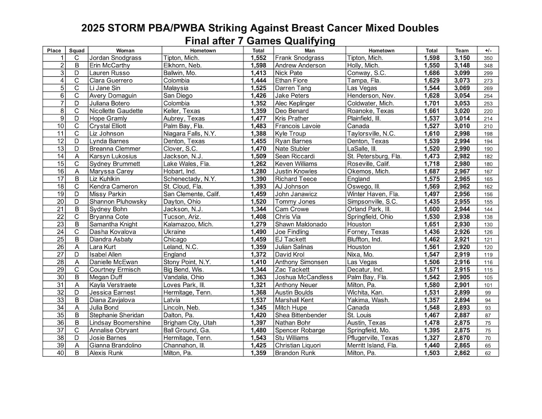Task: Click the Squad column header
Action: [77, 51]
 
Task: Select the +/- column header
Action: [488, 51]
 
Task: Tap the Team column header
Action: [462, 51]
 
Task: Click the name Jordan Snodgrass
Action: [115, 58]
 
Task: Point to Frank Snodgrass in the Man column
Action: [300, 58]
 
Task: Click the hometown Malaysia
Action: [175, 88]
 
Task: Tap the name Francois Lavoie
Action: [298, 126]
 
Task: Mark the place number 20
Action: [61, 202]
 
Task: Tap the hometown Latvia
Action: [172, 300]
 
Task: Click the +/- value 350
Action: [488, 58]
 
